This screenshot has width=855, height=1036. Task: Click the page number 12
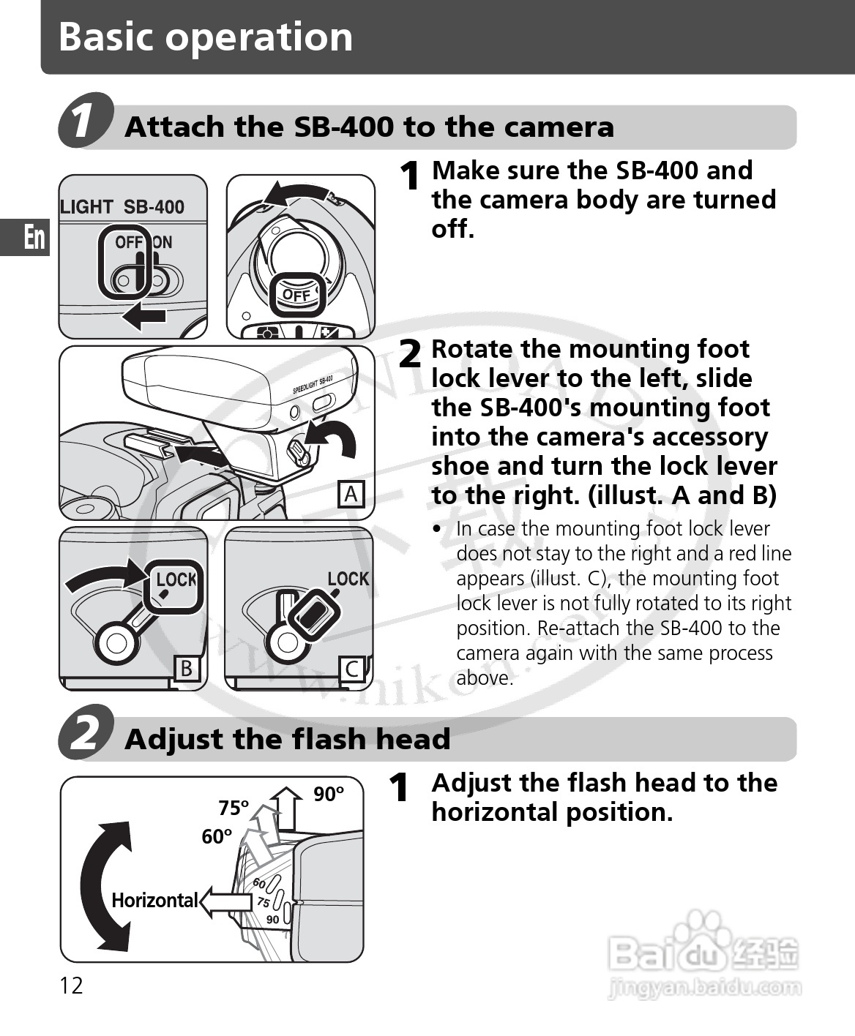pyautogui.click(x=72, y=986)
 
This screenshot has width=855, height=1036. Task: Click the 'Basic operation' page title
pyautogui.click(x=206, y=37)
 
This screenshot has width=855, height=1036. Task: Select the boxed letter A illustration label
pyautogui.click(x=351, y=495)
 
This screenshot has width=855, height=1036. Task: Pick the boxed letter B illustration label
pyautogui.click(x=187, y=668)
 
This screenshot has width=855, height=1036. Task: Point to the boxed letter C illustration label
pyautogui.click(x=352, y=669)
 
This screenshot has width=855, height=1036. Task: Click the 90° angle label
pyautogui.click(x=329, y=794)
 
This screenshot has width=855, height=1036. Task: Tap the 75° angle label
pyautogui.click(x=234, y=808)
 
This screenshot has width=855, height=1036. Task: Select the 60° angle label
pyautogui.click(x=217, y=836)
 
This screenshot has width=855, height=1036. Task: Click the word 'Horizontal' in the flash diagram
pyautogui.click(x=154, y=900)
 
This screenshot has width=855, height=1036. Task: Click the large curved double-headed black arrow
pyautogui.click(x=106, y=885)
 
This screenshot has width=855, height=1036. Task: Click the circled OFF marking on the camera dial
pyautogui.click(x=296, y=295)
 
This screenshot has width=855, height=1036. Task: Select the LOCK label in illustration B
pyautogui.click(x=176, y=579)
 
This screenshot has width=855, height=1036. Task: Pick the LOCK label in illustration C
pyautogui.click(x=348, y=579)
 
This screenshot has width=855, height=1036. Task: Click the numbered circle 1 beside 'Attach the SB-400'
pyautogui.click(x=86, y=120)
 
